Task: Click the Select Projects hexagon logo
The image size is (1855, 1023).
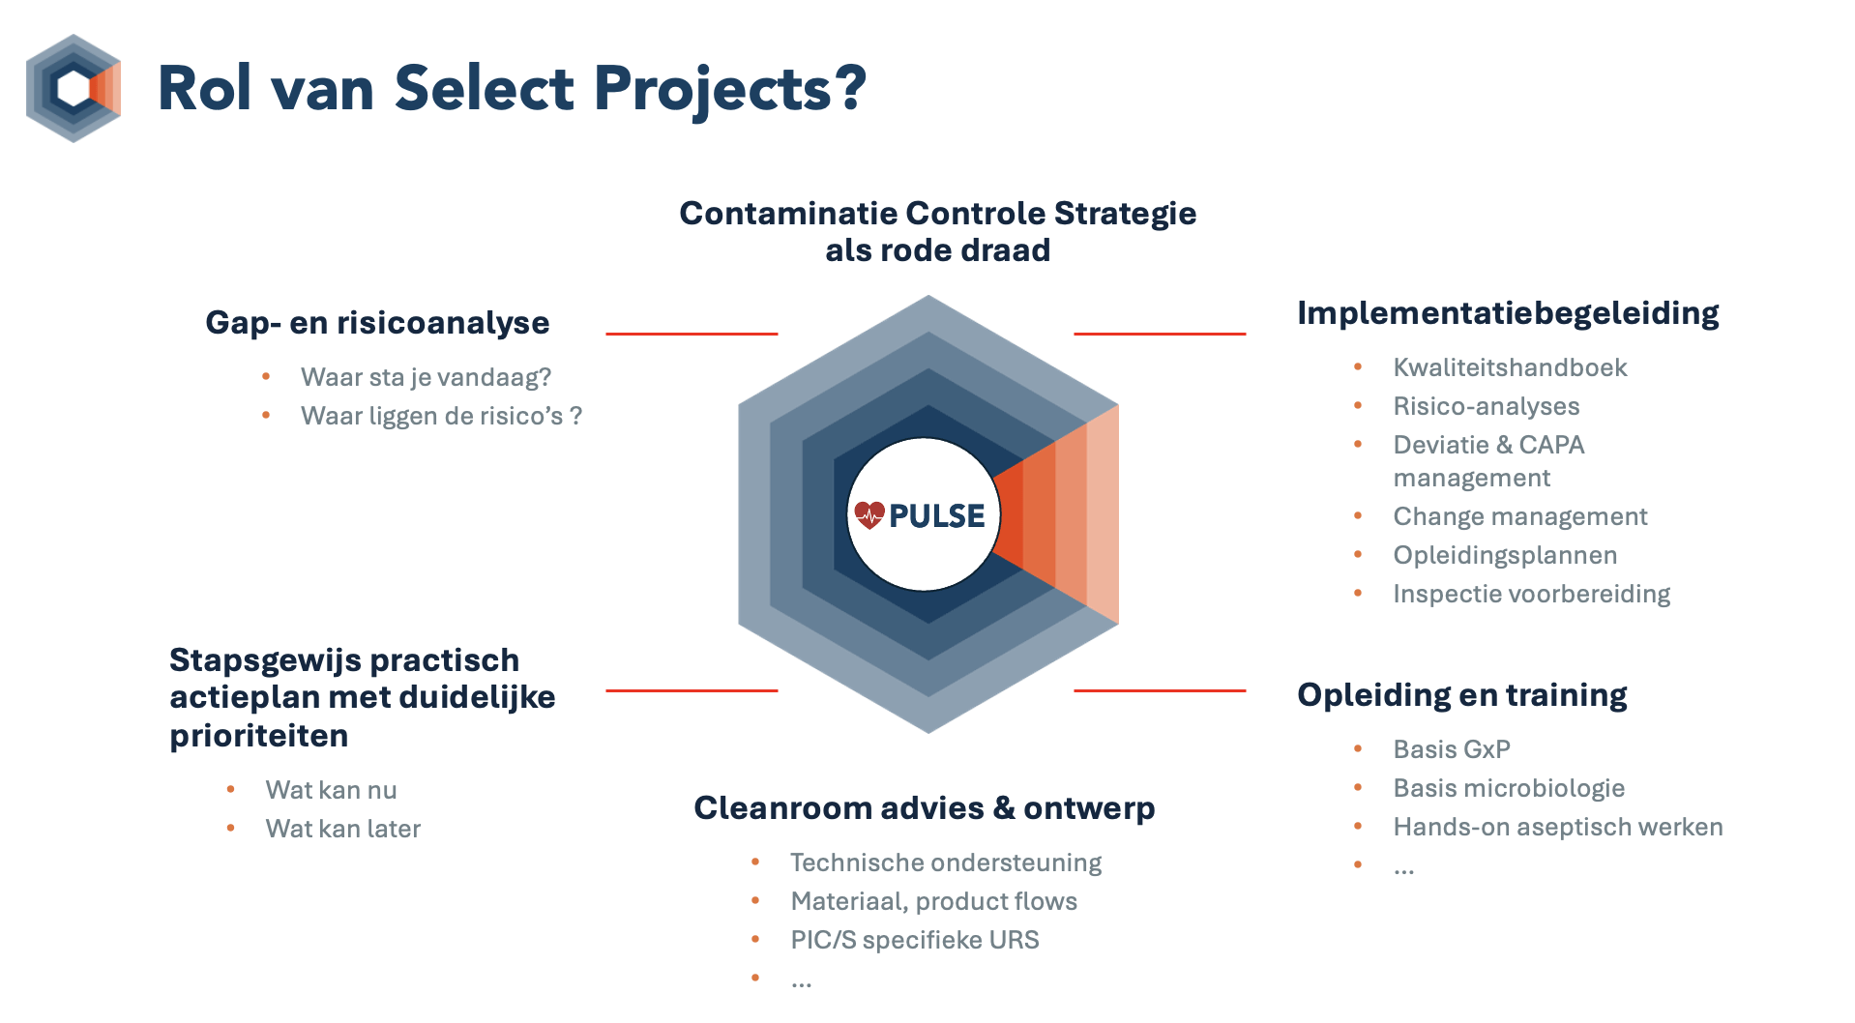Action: [x=74, y=88]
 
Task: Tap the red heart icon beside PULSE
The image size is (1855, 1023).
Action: [x=869, y=514]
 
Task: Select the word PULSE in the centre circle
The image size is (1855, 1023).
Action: [x=936, y=515]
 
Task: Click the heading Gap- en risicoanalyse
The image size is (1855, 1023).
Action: [x=377, y=323]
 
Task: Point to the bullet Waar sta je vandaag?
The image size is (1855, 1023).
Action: [x=426, y=377]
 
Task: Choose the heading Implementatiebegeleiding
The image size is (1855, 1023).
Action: [x=1508, y=314]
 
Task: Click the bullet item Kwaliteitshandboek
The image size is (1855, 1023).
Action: [x=1510, y=367]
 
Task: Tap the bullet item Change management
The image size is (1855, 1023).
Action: [x=1520, y=516]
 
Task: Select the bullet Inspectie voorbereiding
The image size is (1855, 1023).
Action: [x=1532, y=594]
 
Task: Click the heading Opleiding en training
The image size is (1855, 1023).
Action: [x=1462, y=695]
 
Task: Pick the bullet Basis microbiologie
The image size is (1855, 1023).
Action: [x=1509, y=788]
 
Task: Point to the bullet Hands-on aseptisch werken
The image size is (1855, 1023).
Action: [x=1558, y=827]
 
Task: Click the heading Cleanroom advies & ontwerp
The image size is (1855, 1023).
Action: [x=925, y=808]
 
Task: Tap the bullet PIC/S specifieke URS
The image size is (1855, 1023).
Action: [x=915, y=940]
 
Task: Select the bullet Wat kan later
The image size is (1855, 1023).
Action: [x=343, y=829]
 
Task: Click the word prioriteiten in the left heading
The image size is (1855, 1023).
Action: [x=259, y=737]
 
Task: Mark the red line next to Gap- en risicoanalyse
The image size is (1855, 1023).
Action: [x=692, y=334]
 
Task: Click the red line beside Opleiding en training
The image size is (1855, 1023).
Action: [x=1160, y=690]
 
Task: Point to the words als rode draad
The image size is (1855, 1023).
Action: [x=937, y=250]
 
